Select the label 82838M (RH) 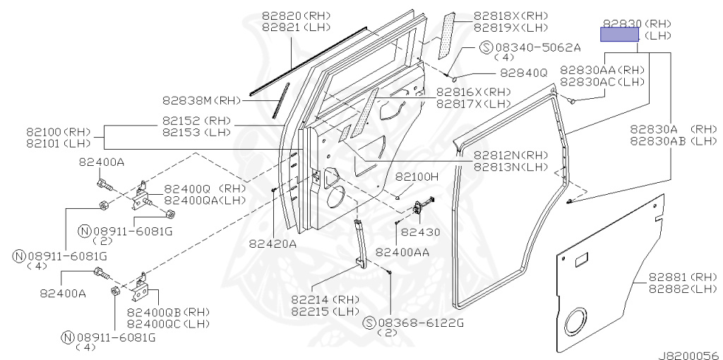[196, 100]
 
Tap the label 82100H [417, 176]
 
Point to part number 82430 [414, 233]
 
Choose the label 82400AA [402, 252]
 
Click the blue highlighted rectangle [619, 34]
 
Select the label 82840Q [524, 73]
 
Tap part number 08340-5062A [538, 47]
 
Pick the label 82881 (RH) [683, 277]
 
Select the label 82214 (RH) [325, 299]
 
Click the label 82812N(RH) [511, 155]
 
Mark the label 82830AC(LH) [602, 82]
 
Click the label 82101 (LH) [58, 143]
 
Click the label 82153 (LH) [196, 132]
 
